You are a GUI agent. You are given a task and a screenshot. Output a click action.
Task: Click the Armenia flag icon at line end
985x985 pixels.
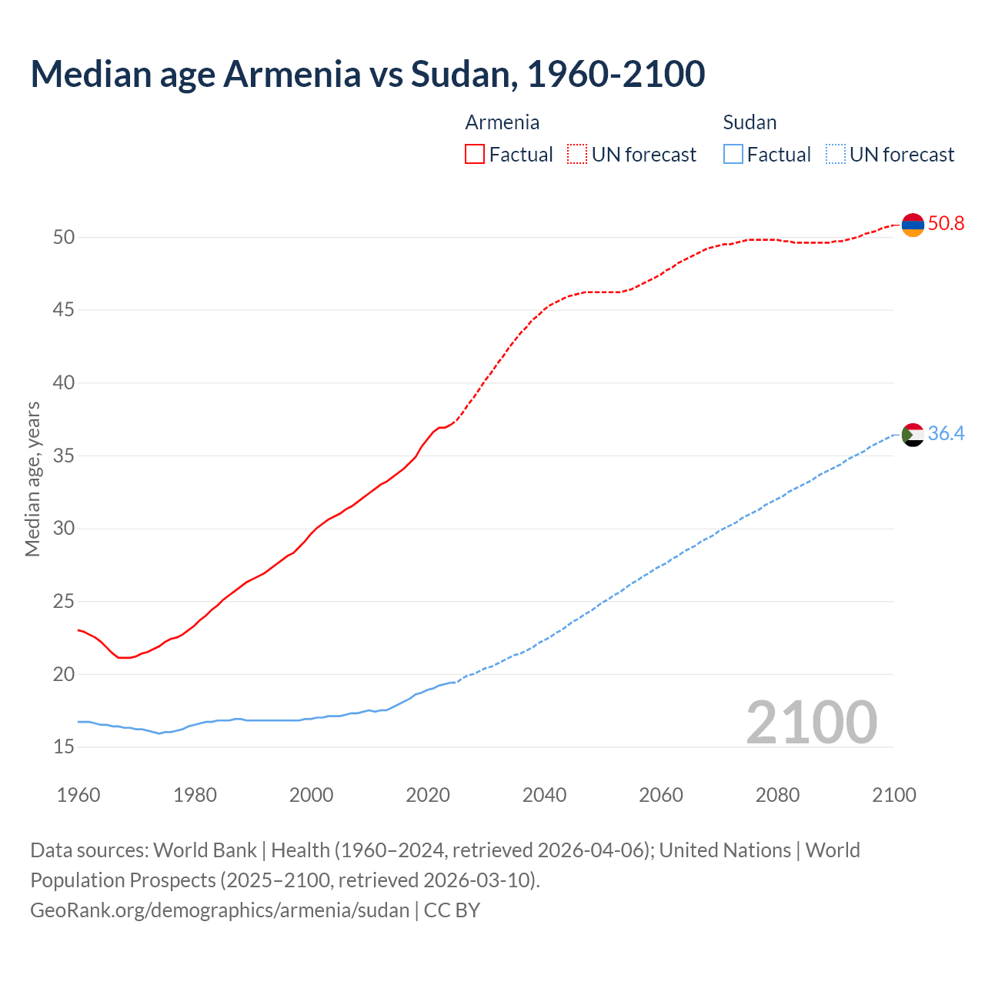tap(913, 225)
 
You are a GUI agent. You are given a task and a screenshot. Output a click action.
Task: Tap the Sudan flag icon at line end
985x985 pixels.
tap(913, 435)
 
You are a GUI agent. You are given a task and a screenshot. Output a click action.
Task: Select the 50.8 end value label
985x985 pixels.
tap(946, 224)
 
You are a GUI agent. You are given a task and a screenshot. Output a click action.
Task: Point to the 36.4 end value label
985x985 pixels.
tap(946, 434)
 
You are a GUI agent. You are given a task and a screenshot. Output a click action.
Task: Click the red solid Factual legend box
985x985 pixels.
tap(475, 155)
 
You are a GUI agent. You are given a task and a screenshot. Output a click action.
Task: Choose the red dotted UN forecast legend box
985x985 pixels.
tap(577, 155)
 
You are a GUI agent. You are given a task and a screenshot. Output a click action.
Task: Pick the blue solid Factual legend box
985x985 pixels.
tap(733, 155)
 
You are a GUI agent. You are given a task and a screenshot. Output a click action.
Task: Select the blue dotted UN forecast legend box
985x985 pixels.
tap(835, 155)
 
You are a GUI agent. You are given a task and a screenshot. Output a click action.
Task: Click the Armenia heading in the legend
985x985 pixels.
tap(503, 122)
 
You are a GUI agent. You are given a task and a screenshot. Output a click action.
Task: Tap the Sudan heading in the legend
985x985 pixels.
tap(750, 122)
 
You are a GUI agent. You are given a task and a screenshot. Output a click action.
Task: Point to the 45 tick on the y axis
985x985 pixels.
tap(64, 310)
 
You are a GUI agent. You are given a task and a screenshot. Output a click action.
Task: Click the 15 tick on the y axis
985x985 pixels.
tap(64, 747)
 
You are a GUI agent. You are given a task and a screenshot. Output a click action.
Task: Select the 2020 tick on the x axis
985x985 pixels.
tap(428, 795)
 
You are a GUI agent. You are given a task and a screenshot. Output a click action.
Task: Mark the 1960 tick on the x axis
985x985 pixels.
tap(78, 795)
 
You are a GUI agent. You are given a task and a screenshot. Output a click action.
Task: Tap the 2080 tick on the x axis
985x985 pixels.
tap(777, 795)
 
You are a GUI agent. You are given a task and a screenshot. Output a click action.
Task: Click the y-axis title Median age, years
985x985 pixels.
tap(32, 479)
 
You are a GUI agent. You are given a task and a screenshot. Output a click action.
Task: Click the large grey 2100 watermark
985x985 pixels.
tap(811, 722)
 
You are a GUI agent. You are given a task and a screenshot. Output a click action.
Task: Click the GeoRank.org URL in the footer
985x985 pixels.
tap(219, 910)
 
